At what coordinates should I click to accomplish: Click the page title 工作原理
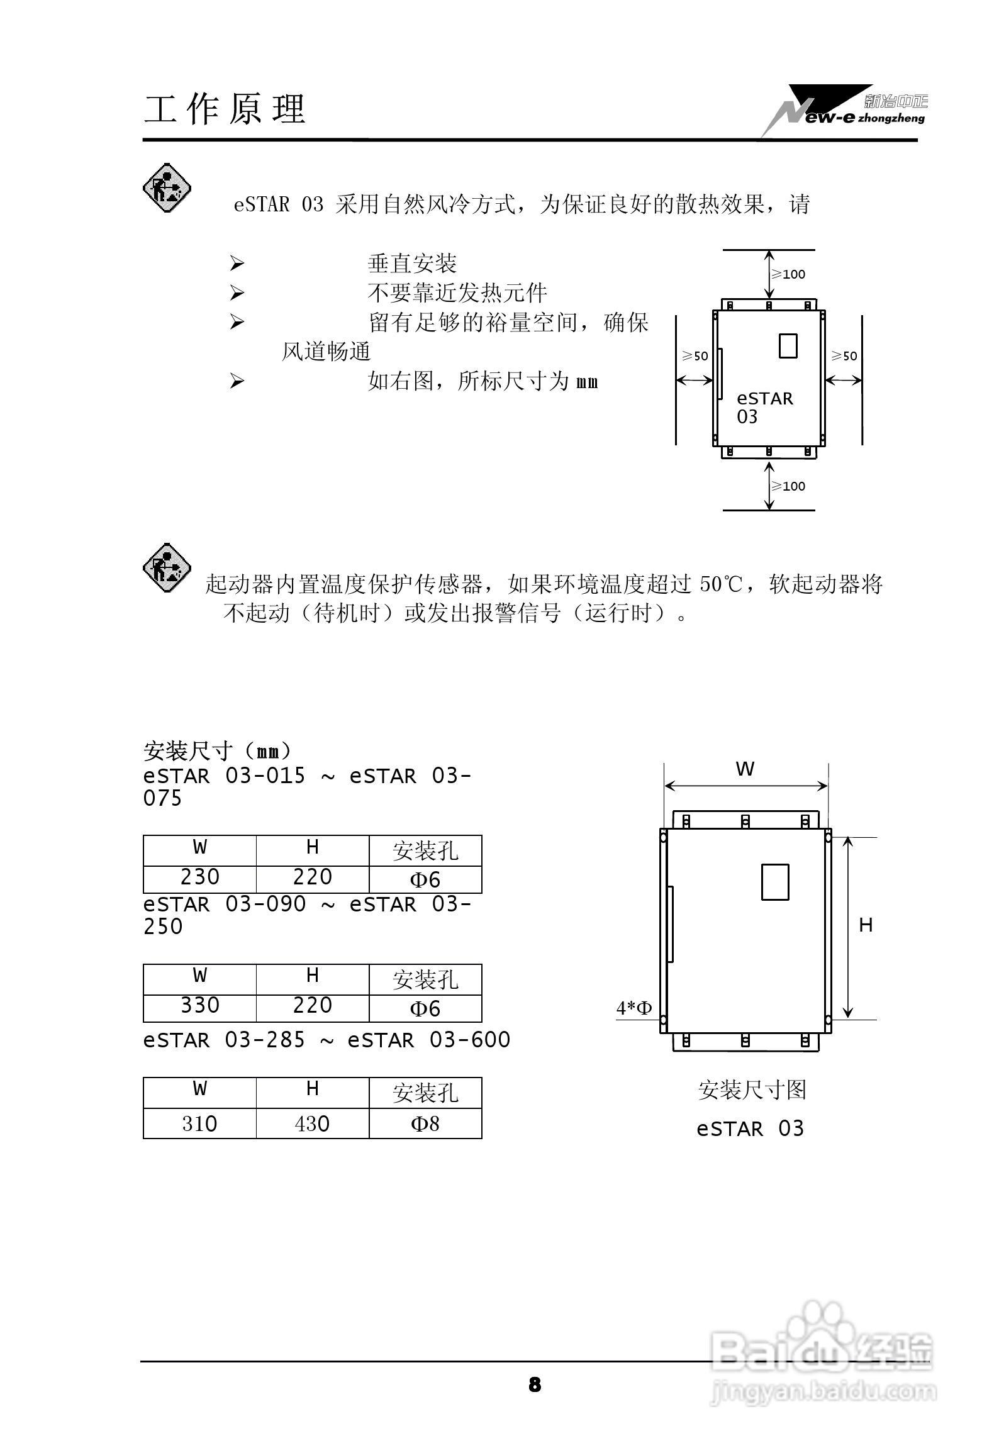coord(225,109)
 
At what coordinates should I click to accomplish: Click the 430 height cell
coord(312,1123)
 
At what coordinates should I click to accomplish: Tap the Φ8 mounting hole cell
coord(425,1123)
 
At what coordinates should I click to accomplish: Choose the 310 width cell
coord(199,1123)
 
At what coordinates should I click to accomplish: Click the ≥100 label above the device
coord(789,274)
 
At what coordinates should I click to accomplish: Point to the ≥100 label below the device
coord(789,486)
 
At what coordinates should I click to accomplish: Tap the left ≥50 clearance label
coord(695,356)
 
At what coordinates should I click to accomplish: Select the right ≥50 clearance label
coord(844,356)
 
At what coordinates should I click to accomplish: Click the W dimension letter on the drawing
coord(745,769)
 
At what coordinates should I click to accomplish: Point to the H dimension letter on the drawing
coord(866,925)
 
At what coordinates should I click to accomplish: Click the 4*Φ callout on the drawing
coord(634,1008)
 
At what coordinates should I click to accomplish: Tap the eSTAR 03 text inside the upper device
coord(764,408)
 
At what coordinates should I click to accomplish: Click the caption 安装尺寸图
coord(752,1090)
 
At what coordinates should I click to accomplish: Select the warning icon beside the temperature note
coord(167,567)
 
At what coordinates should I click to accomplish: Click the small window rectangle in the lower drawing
coord(775,882)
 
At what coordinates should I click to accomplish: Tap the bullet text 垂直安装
coord(412,264)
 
